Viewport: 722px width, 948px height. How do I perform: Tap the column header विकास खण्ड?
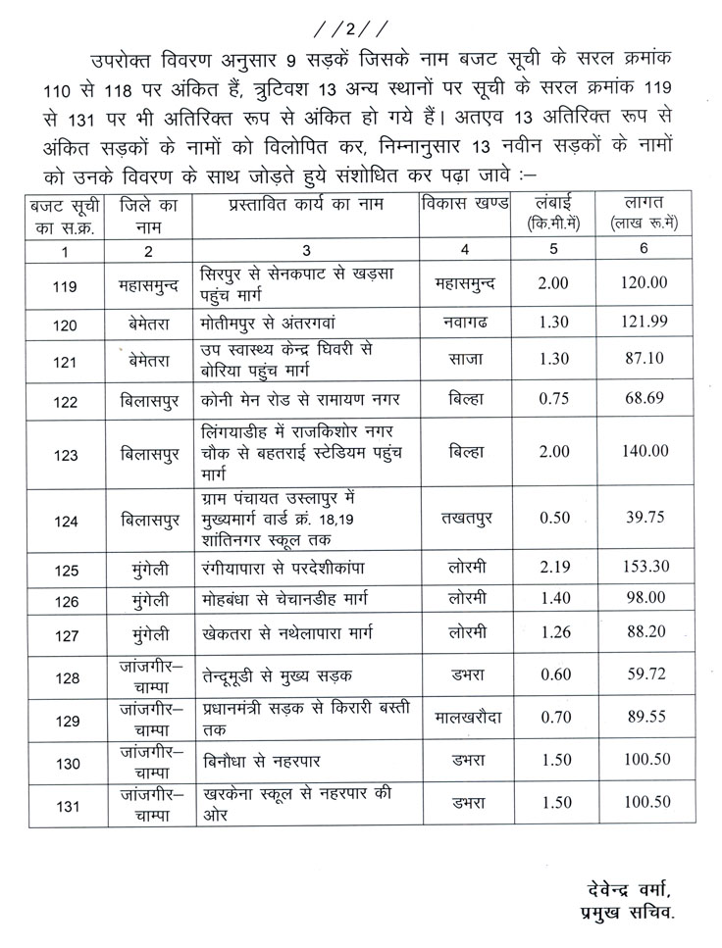464,204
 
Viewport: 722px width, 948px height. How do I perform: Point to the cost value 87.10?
645,360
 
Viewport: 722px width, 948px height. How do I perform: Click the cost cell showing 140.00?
645,451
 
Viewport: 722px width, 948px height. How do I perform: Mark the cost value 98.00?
645,598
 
